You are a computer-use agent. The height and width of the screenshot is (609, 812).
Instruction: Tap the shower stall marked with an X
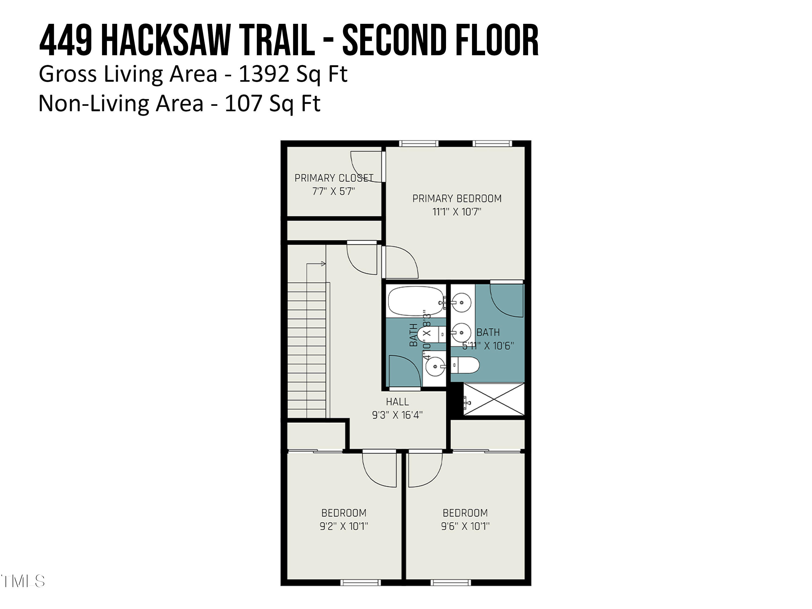493,400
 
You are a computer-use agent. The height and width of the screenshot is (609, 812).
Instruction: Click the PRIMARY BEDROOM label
457,199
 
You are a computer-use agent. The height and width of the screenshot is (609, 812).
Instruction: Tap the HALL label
397,402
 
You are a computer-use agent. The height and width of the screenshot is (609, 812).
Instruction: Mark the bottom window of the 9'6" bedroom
450,582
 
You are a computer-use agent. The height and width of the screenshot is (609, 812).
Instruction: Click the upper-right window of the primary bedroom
492,143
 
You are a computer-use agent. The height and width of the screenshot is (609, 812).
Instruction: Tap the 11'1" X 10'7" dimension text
457,212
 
